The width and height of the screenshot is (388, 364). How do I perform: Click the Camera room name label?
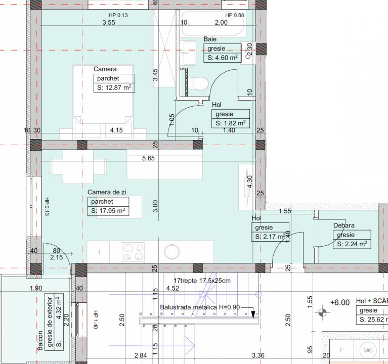point(105,69)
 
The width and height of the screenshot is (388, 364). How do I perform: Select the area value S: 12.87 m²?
point(114,87)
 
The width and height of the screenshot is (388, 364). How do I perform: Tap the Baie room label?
point(210,39)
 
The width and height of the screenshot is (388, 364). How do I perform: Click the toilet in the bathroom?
point(200,83)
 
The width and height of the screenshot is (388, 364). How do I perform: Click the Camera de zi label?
point(107,192)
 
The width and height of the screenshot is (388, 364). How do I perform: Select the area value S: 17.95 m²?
point(108,211)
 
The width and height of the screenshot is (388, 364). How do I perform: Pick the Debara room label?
point(343,225)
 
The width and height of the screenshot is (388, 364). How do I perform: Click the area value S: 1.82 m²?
point(231,123)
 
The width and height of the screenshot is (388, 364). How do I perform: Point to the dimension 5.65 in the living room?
point(149,158)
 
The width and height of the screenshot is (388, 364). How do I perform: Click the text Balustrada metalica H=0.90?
point(199,306)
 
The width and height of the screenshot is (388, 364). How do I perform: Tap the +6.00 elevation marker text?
point(339,302)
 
